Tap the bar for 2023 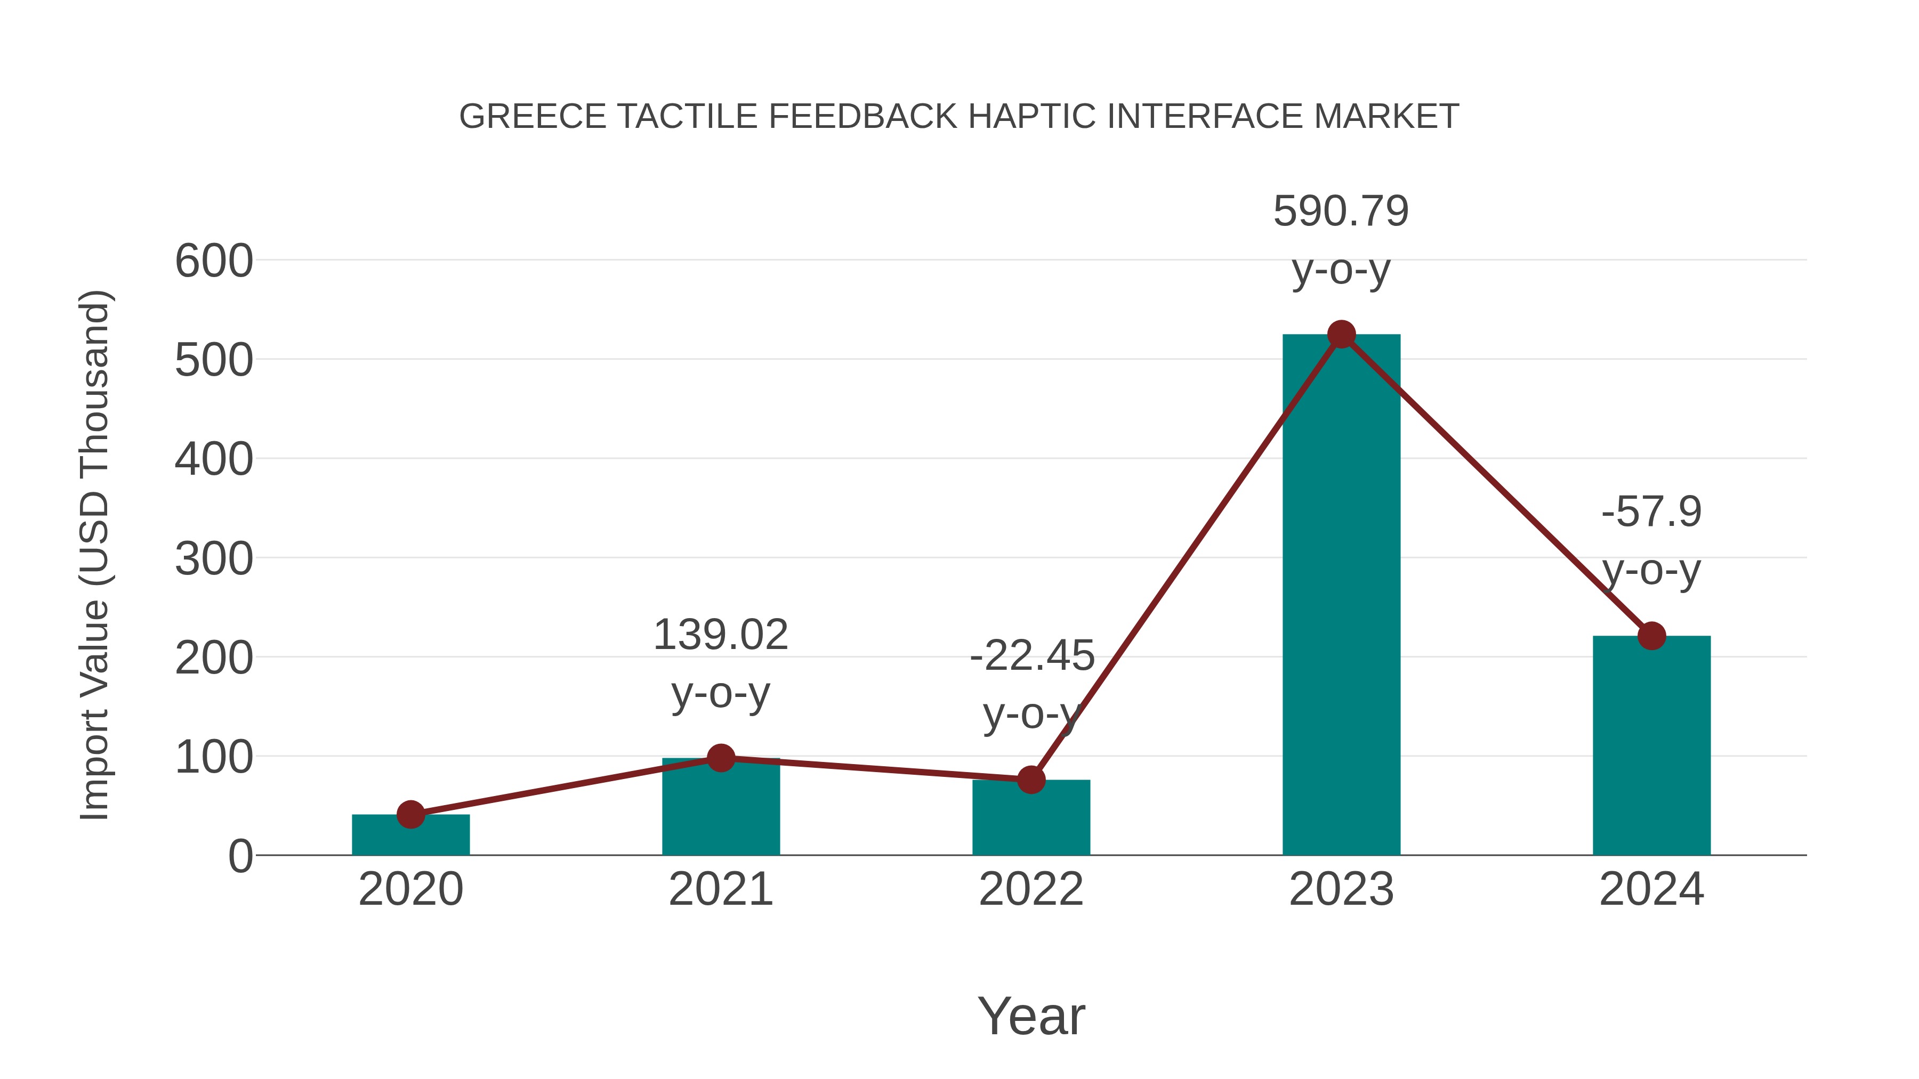tap(1341, 596)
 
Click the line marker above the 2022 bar tap(1031, 780)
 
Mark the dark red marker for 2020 tap(410, 815)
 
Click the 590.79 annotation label tap(1341, 212)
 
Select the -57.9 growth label tap(1651, 512)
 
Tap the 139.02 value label tap(720, 635)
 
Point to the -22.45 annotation tap(1032, 656)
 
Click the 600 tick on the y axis tap(214, 262)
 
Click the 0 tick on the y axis tap(240, 856)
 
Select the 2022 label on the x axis tap(1031, 889)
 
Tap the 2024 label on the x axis tap(1651, 889)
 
